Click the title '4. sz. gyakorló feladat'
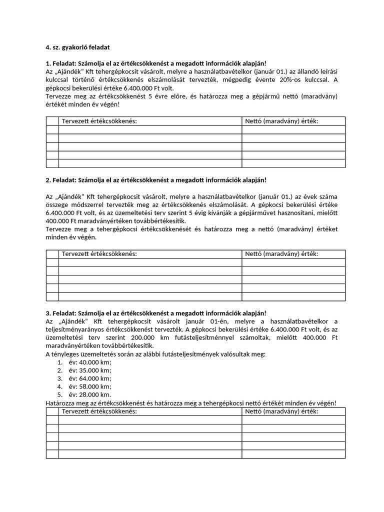(77, 47)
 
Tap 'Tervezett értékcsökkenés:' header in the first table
(99, 121)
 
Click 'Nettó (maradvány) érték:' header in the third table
(281, 411)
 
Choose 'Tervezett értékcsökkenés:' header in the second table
(99, 254)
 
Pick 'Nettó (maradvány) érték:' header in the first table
(281, 121)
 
